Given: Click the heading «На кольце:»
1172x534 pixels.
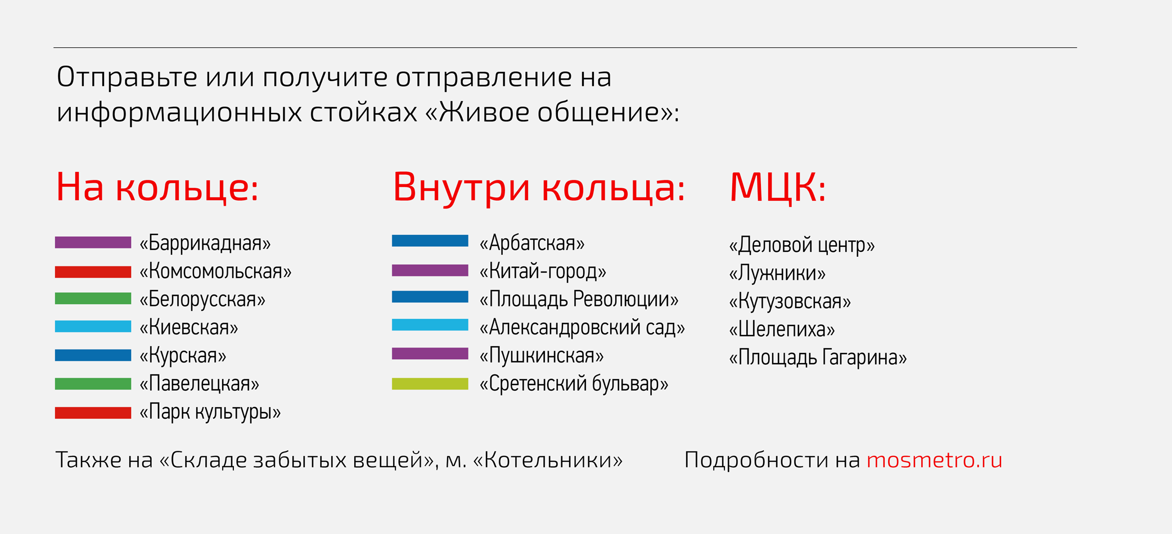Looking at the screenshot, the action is pos(157,187).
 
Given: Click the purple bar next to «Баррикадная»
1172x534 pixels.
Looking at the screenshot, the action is pos(93,242).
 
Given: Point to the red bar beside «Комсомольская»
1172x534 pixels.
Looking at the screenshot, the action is pos(93,271).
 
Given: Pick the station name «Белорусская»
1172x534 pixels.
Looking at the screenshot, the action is pos(202,300).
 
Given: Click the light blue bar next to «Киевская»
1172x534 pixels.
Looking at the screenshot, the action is pos(93,327).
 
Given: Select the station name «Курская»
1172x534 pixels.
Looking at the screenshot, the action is pos(183,356).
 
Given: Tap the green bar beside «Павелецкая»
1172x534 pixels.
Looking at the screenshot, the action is pos(93,384).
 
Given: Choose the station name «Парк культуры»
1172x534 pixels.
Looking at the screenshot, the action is pos(210,412).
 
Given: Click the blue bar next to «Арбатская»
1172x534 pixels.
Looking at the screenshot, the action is pos(430,241).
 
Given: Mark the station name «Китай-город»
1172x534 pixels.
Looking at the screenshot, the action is pos(543,271).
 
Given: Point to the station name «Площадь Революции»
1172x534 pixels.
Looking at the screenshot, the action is pos(579,300).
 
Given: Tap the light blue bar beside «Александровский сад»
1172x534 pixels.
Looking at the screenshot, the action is pos(430,325).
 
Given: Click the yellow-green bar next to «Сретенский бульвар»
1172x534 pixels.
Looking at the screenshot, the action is pos(430,384).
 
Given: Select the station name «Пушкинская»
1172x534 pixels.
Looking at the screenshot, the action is pos(542,356).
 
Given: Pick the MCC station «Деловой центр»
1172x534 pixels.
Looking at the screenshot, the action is pos(802,245).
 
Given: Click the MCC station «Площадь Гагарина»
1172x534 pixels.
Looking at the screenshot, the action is pos(818,357).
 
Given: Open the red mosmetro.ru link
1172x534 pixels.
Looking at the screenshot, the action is pos(935,460).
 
